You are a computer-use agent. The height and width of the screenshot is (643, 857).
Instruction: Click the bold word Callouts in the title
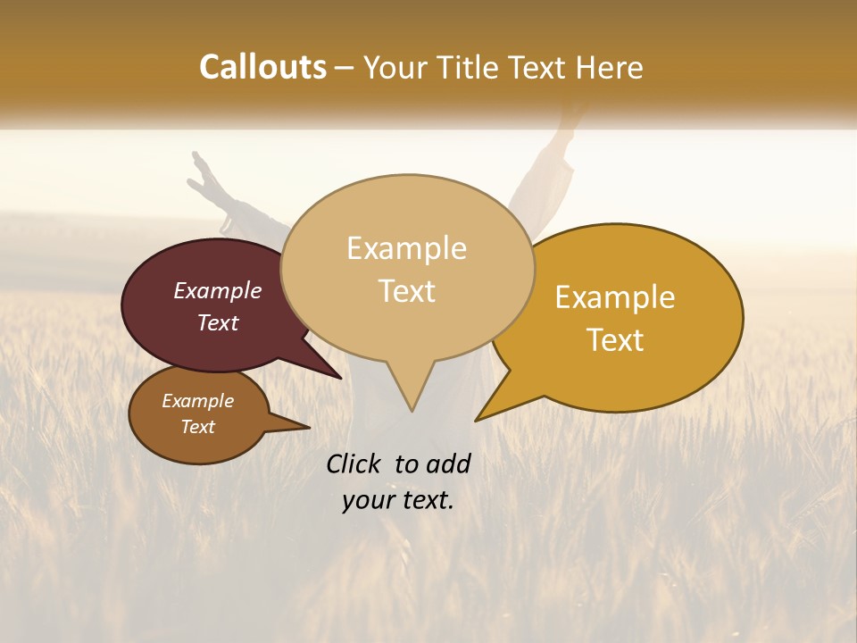(x=262, y=67)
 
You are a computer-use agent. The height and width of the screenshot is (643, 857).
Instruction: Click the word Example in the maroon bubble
(x=218, y=290)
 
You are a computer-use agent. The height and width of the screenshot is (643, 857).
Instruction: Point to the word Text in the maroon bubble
(x=218, y=322)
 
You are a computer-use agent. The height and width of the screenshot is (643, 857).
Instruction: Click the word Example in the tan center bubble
(x=406, y=248)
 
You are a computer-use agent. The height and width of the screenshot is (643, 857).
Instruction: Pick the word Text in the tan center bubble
(x=407, y=291)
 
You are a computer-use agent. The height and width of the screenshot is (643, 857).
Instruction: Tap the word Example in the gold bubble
(x=615, y=297)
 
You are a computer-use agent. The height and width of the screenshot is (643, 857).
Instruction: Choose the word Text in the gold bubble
(x=616, y=340)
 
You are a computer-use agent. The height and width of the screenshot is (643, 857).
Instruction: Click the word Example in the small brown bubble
(x=197, y=401)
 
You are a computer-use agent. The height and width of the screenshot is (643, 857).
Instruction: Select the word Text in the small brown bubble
(x=197, y=427)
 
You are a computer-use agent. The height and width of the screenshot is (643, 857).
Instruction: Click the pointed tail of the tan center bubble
(x=412, y=402)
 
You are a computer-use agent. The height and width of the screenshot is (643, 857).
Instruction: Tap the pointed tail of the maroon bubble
(x=332, y=372)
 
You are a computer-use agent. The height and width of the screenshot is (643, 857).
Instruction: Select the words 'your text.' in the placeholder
(x=397, y=500)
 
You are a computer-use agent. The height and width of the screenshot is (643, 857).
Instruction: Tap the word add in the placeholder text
(x=448, y=463)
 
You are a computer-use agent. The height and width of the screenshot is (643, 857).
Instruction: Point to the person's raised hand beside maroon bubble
(x=204, y=174)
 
